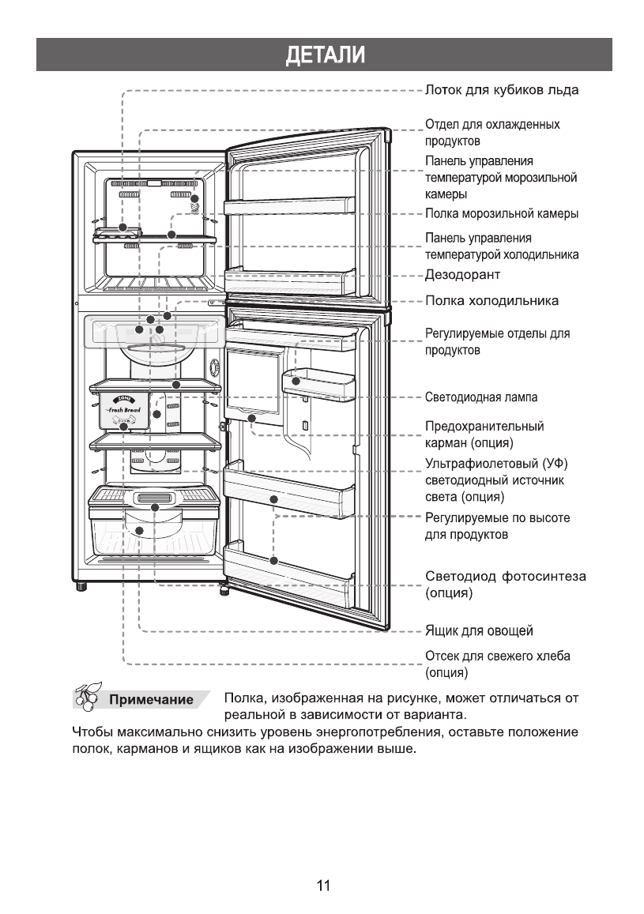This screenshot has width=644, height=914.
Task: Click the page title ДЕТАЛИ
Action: (x=325, y=55)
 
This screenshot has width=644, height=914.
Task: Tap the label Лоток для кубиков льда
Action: (x=502, y=90)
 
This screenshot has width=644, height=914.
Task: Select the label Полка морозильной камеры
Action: (x=502, y=214)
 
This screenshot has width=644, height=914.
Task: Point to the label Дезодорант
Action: (x=463, y=275)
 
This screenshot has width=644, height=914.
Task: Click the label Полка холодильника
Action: (x=491, y=301)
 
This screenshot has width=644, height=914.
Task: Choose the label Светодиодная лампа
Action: (x=481, y=397)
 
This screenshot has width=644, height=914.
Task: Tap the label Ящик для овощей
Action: (x=479, y=630)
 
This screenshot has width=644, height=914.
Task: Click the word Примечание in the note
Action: (x=151, y=699)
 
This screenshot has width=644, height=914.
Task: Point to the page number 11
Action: (x=323, y=886)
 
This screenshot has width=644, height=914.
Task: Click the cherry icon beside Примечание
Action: (x=88, y=696)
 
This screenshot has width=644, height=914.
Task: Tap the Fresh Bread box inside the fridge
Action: (x=123, y=412)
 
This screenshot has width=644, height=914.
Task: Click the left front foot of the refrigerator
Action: (x=81, y=586)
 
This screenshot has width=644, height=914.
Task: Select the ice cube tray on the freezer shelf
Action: (x=118, y=232)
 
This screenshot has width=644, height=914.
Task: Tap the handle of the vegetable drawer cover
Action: (x=154, y=498)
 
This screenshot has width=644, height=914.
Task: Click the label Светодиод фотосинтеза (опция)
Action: (x=506, y=585)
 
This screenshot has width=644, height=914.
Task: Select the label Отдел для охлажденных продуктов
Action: (x=492, y=132)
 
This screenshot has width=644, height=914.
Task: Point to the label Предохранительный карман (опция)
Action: (x=484, y=434)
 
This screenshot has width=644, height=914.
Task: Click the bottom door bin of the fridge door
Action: (x=289, y=571)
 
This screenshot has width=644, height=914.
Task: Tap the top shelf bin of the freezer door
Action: (x=289, y=205)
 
